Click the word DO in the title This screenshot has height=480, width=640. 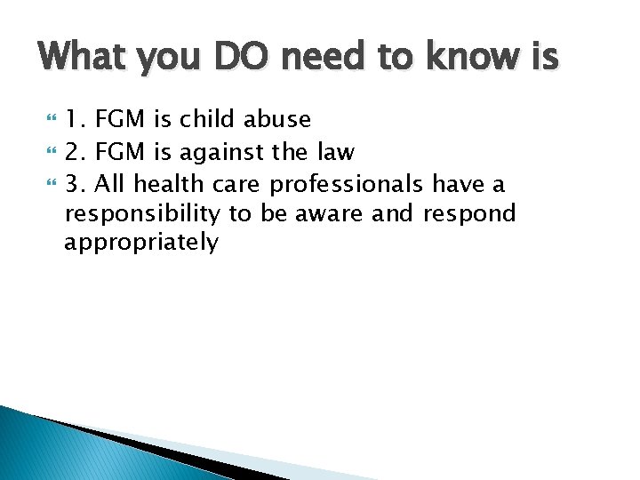pos(234,58)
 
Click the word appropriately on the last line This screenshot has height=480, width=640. pos(140,243)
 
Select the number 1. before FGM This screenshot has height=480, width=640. pos(77,119)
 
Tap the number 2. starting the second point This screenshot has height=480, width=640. pos(77,152)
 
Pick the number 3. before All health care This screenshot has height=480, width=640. pos(77,184)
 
